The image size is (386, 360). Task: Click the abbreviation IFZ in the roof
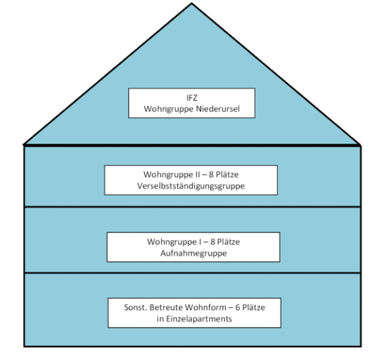192,98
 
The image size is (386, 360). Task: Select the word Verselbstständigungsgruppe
191,186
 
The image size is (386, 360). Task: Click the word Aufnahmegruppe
194,253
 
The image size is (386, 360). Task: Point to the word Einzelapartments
199,319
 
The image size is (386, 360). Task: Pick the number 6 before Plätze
238,308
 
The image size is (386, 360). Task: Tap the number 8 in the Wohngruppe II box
211,174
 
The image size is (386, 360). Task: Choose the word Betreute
166,308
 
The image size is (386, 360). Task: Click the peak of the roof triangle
192,3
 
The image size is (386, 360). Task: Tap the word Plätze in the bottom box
254,308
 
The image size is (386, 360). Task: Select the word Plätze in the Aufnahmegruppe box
228,242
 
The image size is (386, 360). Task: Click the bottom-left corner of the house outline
24,346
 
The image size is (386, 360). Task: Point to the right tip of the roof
360,144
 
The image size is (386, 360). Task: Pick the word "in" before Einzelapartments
160,319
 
